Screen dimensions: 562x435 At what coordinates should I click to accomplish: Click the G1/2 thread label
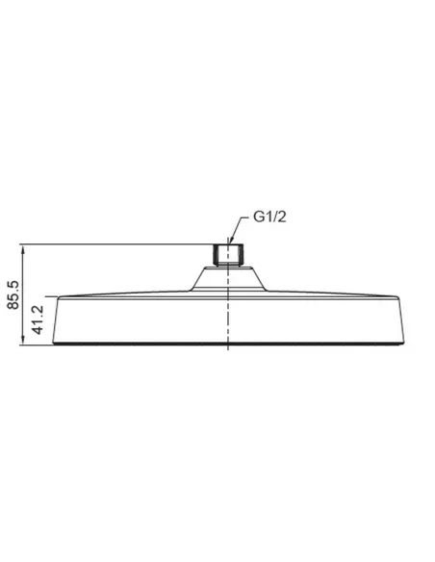270,219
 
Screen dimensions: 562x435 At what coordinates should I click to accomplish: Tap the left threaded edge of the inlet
212,255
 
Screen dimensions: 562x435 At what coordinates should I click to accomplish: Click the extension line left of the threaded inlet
115,243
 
